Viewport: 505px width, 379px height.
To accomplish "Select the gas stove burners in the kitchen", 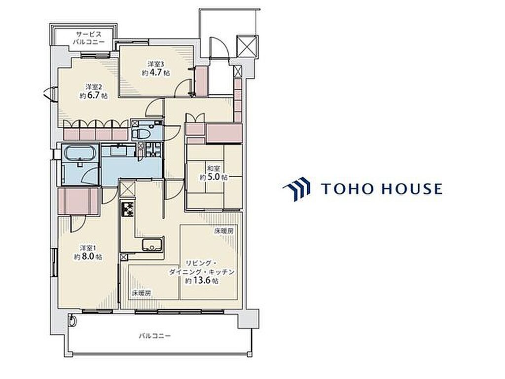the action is (127, 209).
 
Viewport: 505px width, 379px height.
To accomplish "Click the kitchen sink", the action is (152, 245).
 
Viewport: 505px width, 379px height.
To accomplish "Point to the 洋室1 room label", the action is (88, 248).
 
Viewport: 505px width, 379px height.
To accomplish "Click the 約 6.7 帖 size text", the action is (94, 96).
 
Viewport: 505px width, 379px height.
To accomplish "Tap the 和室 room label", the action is (213, 169).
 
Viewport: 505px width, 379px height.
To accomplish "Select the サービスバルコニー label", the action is (89, 38).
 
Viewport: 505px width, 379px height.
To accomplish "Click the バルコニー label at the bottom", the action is (154, 336).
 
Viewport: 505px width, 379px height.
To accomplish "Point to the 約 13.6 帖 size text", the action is (202, 280).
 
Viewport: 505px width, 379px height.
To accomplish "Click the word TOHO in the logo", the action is (346, 189).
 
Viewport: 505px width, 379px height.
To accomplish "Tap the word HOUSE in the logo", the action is (412, 189).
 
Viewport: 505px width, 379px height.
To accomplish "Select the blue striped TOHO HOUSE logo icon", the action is (296, 189).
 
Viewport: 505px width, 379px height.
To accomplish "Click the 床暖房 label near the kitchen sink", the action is (141, 293).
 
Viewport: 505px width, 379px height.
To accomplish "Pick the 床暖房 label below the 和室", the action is (224, 231).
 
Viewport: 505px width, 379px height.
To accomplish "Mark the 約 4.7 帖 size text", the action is (156, 73).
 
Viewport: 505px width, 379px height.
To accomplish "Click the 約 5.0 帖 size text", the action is (214, 177).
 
